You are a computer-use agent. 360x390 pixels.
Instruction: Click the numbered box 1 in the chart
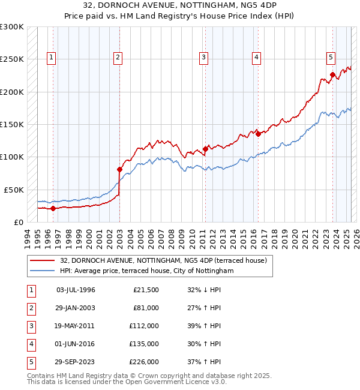(x=52, y=58)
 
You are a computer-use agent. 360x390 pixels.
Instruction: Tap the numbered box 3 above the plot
(x=204, y=58)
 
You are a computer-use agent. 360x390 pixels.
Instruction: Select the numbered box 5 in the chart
(x=331, y=58)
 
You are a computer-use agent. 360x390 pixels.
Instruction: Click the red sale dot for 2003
(x=119, y=169)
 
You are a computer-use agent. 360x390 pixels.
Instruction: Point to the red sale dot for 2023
(x=332, y=75)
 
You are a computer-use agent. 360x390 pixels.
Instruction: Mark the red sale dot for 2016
(x=258, y=134)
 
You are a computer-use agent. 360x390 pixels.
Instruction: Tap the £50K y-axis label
(x=13, y=189)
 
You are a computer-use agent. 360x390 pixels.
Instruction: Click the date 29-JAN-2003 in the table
(x=76, y=308)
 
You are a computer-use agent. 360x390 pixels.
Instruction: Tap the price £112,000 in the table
(x=145, y=326)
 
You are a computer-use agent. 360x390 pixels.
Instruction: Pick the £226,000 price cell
(x=145, y=362)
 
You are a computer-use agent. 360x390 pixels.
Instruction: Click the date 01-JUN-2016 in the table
(x=76, y=344)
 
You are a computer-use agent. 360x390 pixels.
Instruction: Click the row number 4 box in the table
(x=30, y=344)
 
